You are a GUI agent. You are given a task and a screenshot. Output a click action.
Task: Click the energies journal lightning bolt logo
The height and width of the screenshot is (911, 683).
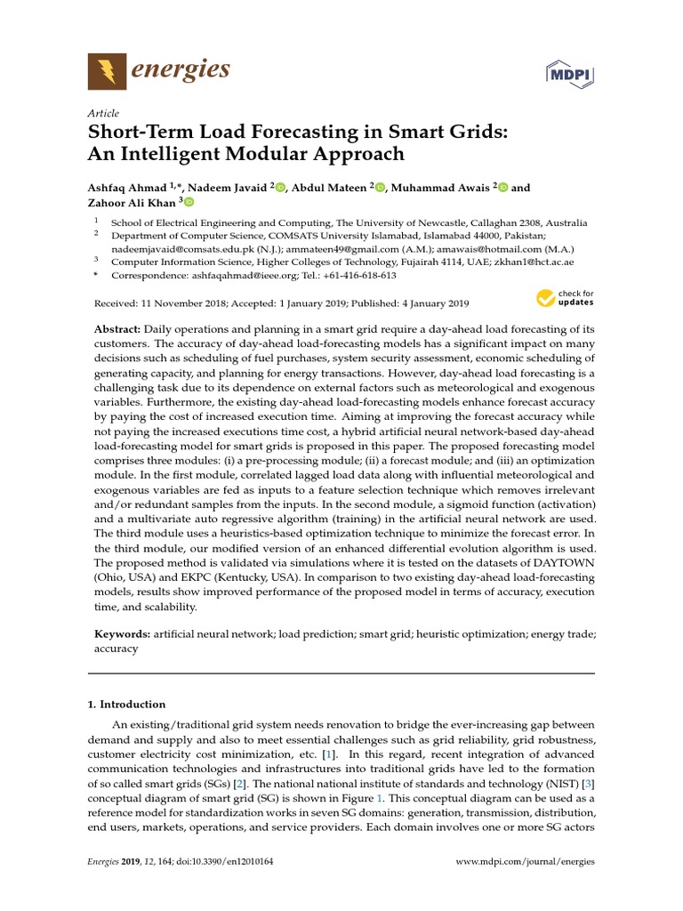click(x=106, y=70)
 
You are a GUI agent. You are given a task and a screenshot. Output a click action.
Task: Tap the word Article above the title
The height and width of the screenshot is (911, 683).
click(x=102, y=114)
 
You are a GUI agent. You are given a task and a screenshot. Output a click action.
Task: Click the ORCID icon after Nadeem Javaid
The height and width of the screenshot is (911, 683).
click(x=281, y=188)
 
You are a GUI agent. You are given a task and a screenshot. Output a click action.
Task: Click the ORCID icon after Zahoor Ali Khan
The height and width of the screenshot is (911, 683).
click(x=188, y=203)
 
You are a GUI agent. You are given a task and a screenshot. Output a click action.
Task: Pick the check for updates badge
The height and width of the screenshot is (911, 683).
click(x=565, y=299)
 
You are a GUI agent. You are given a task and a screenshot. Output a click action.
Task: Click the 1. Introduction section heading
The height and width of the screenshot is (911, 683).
click(x=126, y=704)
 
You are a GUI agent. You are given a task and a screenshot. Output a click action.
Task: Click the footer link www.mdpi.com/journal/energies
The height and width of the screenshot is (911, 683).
click(x=525, y=862)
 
